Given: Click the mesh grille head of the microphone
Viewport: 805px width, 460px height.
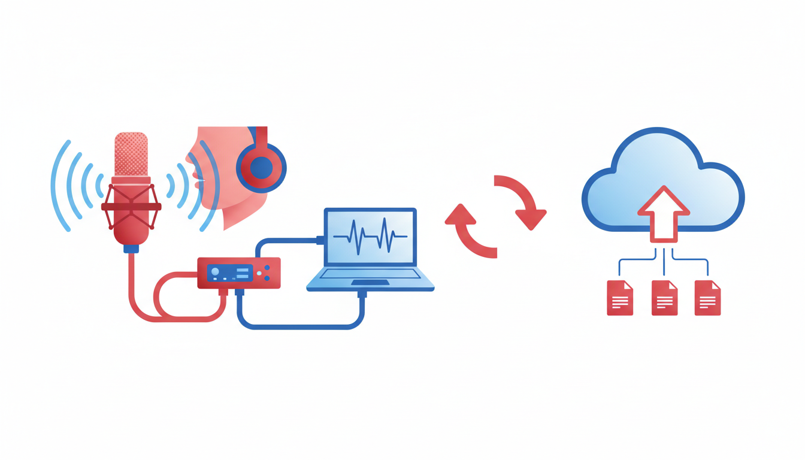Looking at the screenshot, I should [131, 154].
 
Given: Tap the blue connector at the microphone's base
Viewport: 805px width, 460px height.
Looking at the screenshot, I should [131, 247].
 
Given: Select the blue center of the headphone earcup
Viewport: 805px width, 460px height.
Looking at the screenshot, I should [262, 168].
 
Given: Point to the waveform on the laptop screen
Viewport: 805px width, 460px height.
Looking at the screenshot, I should [370, 236].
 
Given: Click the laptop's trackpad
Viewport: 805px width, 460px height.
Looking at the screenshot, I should [370, 282].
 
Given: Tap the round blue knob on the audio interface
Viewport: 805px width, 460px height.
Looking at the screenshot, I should [215, 272].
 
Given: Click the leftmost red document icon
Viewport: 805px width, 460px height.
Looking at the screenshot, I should [620, 298].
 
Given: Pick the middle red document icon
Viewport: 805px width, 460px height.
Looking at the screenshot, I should [664, 298].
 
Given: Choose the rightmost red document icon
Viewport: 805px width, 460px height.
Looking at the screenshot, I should [707, 298].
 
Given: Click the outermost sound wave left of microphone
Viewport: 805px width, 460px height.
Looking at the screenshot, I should [57, 186].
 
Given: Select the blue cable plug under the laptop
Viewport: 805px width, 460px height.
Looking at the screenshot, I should [362, 294].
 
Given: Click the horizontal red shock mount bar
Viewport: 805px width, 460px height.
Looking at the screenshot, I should [131, 207].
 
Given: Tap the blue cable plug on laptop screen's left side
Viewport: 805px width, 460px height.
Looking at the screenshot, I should [320, 240].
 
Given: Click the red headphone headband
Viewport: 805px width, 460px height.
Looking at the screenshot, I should [261, 137].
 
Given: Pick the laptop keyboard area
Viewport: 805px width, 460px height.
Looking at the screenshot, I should [370, 274].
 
